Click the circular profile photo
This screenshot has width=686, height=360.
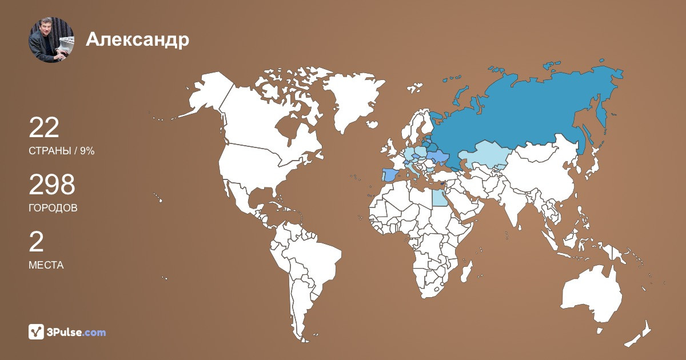51,39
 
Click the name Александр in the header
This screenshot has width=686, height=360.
138,39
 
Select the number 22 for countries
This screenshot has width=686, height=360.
44,128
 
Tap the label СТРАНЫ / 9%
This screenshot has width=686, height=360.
61,151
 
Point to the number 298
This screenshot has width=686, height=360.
52,185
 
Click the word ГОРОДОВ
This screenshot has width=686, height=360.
53,208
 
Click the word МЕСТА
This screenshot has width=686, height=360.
46,265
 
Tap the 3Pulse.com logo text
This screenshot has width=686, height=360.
76,332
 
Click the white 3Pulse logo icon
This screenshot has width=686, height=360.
37,332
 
